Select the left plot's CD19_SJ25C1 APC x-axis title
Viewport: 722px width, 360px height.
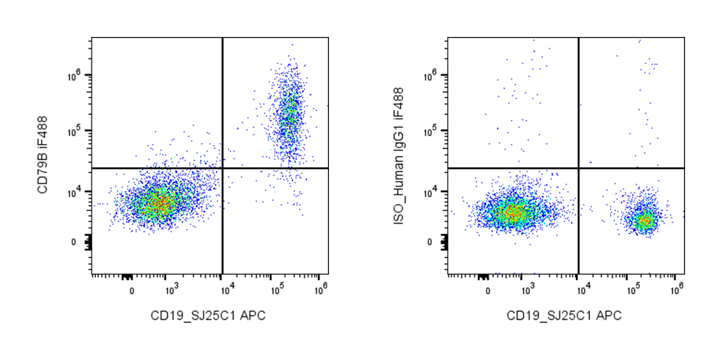pyautogui.click(x=209, y=316)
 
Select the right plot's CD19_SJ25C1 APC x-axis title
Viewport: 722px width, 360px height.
pyautogui.click(x=564, y=316)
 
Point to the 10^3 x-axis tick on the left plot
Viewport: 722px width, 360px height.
pyautogui.click(x=171, y=286)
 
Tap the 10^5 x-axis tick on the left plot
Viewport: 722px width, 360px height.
pyautogui.click(x=273, y=286)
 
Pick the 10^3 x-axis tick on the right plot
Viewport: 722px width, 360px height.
pyautogui.click(x=527, y=286)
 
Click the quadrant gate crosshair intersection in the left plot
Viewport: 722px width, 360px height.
pyautogui.click(x=222, y=168)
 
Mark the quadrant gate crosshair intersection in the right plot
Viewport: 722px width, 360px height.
pyautogui.click(x=578, y=168)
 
